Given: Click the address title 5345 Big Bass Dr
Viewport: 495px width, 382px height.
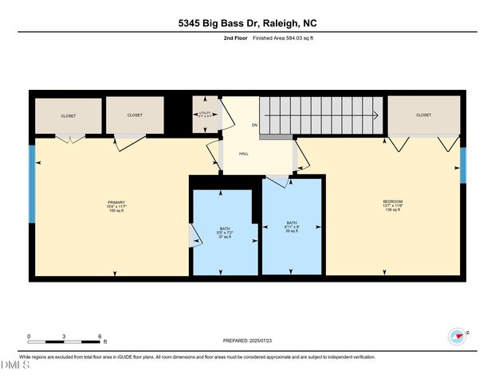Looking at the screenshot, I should pyautogui.click(x=247, y=24).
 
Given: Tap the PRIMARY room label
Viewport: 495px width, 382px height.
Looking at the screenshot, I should pyautogui.click(x=116, y=202).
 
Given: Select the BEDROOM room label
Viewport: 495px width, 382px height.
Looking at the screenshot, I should pyautogui.click(x=393, y=201).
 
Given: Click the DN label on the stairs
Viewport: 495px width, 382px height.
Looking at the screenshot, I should pyautogui.click(x=255, y=126).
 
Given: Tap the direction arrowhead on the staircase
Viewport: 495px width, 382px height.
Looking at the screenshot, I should pyautogui.click(x=375, y=115).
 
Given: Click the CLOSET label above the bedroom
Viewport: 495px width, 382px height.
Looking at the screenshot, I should pyautogui.click(x=423, y=115).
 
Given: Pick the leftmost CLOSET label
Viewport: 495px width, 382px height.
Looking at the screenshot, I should pyautogui.click(x=69, y=115).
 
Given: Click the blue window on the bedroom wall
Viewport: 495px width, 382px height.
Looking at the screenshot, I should pyautogui.click(x=462, y=166).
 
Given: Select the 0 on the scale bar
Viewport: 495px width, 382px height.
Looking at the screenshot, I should pyautogui.click(x=29, y=336).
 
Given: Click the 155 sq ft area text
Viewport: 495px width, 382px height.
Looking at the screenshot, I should pyautogui.click(x=117, y=211).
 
